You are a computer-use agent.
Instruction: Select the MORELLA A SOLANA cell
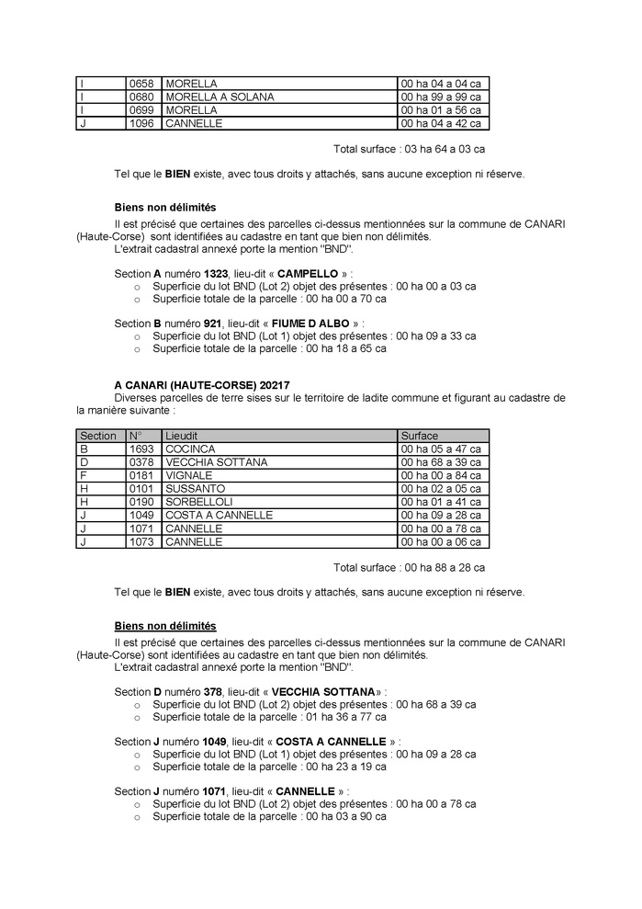point(219,97)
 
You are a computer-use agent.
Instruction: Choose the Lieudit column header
point(182,436)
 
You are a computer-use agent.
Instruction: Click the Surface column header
point(420,436)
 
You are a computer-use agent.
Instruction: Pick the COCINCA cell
point(189,449)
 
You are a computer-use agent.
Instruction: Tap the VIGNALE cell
point(188,475)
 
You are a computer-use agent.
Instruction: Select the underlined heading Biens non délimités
point(165,626)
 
